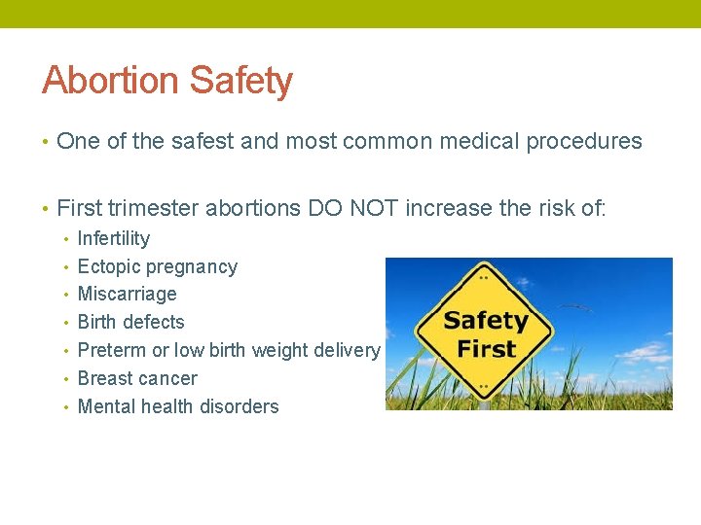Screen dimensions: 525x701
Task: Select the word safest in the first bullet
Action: tap(203, 142)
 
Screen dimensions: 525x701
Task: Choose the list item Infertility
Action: tap(114, 238)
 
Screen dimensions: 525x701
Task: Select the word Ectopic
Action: tap(106, 266)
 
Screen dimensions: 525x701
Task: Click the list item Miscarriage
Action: tap(127, 294)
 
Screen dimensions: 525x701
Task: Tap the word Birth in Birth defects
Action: tap(96, 322)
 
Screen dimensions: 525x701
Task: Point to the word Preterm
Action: tap(109, 350)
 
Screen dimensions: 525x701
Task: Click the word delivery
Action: tap(349, 350)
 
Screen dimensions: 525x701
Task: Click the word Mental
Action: tap(106, 406)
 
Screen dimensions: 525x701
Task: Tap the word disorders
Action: tap(243, 406)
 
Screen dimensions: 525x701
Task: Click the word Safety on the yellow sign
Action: tap(486, 320)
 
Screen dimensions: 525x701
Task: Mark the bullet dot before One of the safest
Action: tap(46, 143)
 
